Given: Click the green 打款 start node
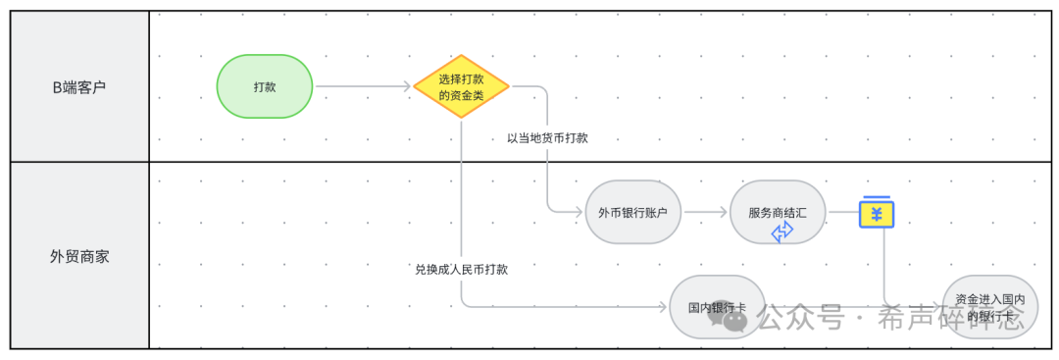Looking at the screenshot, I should [264, 86].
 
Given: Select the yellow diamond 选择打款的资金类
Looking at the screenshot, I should [461, 86].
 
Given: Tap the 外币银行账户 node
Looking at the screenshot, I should [632, 211].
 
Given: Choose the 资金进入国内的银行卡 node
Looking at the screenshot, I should [989, 307].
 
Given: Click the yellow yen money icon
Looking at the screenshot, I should [877, 212].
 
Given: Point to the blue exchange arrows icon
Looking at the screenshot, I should [782, 231].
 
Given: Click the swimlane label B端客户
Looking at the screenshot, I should [78, 86].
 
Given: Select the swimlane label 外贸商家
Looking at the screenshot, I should [78, 256].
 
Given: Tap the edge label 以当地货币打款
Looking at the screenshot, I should [547, 138].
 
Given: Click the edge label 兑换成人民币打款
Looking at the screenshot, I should [462, 269].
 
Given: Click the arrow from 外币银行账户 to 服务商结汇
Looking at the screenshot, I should [706, 211].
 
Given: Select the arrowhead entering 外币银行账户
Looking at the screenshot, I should [580, 211].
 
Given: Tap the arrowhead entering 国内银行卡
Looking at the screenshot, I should [664, 307].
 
